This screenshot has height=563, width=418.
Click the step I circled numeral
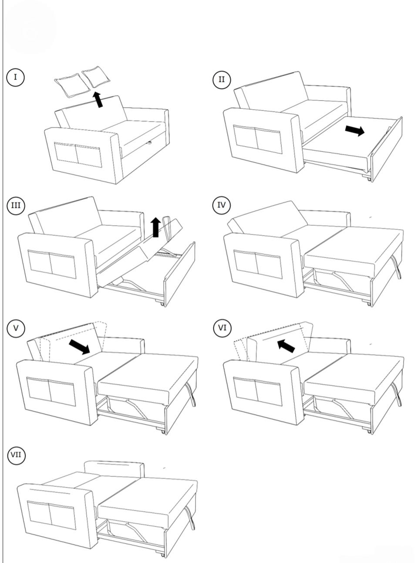[x=15, y=77]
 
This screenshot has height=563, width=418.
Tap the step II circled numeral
[x=222, y=79]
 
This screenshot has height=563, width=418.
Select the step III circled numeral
[x=16, y=205]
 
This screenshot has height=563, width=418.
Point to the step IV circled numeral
[x=222, y=205]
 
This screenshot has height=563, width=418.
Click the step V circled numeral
[x=16, y=328]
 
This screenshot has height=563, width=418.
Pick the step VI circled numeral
[x=222, y=328]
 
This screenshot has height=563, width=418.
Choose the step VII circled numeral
[x=16, y=455]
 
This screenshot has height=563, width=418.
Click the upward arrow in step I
[x=99, y=99]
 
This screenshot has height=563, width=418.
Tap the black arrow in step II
[x=354, y=130]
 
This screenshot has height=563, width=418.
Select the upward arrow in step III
[x=155, y=227]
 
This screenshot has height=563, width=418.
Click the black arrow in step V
[x=79, y=347]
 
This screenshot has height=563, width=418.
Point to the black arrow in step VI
[x=286, y=346]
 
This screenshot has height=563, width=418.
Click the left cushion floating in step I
[x=68, y=85]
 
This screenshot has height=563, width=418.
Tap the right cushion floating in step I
[x=96, y=77]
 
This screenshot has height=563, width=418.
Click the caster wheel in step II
[x=369, y=178]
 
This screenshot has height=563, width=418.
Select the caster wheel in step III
[x=162, y=303]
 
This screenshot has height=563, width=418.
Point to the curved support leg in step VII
[x=190, y=518]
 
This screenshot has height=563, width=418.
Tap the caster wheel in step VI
[x=369, y=431]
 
